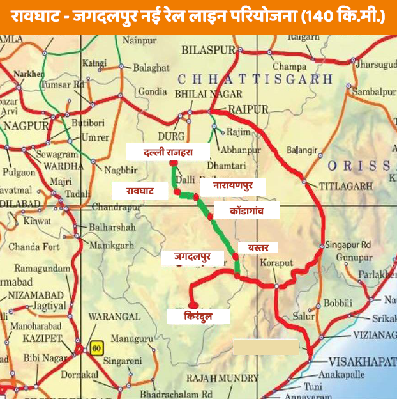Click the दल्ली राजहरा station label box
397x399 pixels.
point(168,152)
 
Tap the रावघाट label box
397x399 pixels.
point(140,191)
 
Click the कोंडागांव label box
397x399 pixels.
point(246,210)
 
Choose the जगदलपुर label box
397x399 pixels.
point(193,257)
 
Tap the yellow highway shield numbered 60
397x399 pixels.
point(96,348)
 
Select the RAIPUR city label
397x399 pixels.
point(248,109)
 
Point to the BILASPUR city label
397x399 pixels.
point(208,49)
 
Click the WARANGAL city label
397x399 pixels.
point(114,317)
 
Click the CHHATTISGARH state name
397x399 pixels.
point(255,79)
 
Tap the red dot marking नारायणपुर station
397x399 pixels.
point(196,197)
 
